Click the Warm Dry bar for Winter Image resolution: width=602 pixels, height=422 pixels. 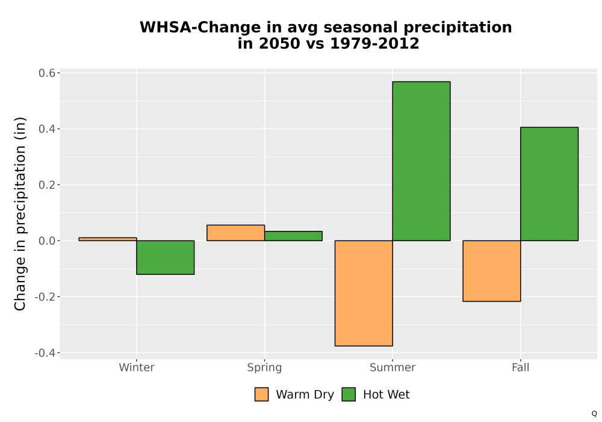(108, 239)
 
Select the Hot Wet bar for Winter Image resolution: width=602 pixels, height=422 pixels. (166, 257)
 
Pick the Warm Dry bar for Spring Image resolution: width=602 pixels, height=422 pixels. (236, 233)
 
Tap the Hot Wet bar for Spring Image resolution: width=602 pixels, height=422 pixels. (293, 236)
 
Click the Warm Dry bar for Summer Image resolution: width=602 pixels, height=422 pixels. (364, 293)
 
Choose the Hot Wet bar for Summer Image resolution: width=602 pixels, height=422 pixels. (421, 161)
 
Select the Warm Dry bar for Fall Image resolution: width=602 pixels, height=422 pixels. (492, 271)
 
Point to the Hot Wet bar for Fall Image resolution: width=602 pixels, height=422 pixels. (550, 184)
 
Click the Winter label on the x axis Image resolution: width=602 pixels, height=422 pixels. (137, 367)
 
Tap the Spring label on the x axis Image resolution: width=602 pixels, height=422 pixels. (264, 368)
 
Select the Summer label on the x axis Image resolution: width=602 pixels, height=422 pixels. (393, 367)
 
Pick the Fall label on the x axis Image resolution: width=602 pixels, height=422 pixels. (521, 367)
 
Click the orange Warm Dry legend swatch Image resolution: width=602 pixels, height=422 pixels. (261, 394)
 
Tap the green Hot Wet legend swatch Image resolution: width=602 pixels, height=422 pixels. (349, 394)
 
